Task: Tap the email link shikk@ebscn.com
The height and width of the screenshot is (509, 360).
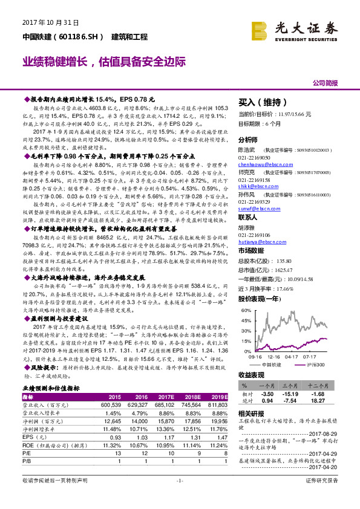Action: point(254,186)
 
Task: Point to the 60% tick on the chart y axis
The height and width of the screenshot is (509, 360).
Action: point(247,310)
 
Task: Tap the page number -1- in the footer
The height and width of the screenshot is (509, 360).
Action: point(180,497)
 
